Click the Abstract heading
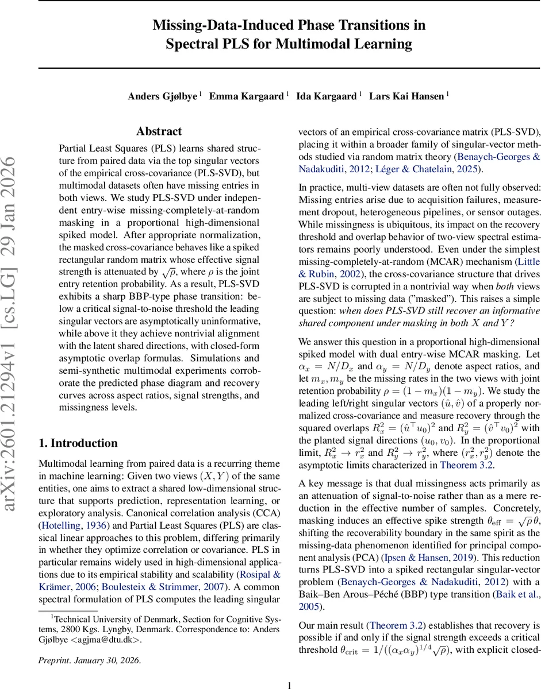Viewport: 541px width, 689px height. [x=159, y=131]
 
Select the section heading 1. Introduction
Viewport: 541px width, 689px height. [x=78, y=443]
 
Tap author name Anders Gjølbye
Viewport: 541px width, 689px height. [x=163, y=96]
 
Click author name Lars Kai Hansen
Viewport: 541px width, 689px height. [x=406, y=96]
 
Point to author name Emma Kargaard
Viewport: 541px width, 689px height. [x=247, y=96]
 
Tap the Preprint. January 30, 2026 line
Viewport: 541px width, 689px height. [x=89, y=660]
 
